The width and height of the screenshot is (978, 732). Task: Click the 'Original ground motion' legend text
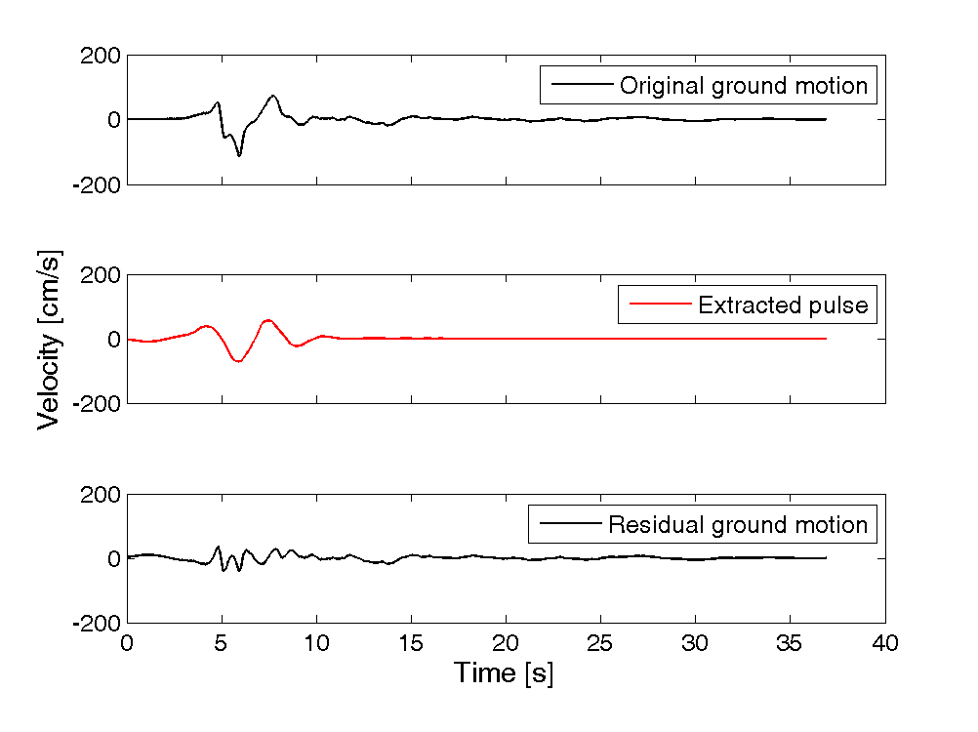click(743, 86)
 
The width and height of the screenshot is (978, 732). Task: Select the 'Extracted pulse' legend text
click(782, 305)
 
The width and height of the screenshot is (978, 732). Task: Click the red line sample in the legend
click(660, 305)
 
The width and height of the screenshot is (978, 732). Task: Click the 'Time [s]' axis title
click(505, 673)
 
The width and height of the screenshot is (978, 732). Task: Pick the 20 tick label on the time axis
click(506, 643)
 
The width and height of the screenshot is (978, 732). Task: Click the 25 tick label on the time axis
click(600, 643)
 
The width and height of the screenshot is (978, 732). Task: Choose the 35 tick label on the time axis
click(790, 643)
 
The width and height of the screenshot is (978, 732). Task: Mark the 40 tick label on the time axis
click(884, 643)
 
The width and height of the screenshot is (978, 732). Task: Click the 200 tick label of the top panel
click(102, 57)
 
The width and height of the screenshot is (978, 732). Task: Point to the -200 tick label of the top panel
click(97, 183)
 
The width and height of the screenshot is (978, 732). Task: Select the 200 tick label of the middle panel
click(102, 276)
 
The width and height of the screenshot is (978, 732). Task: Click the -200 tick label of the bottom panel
click(97, 623)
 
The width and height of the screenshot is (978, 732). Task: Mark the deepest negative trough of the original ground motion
click(239, 155)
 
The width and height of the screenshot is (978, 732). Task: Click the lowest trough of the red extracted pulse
click(238, 361)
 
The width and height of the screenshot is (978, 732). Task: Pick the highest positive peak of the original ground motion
click(273, 96)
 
